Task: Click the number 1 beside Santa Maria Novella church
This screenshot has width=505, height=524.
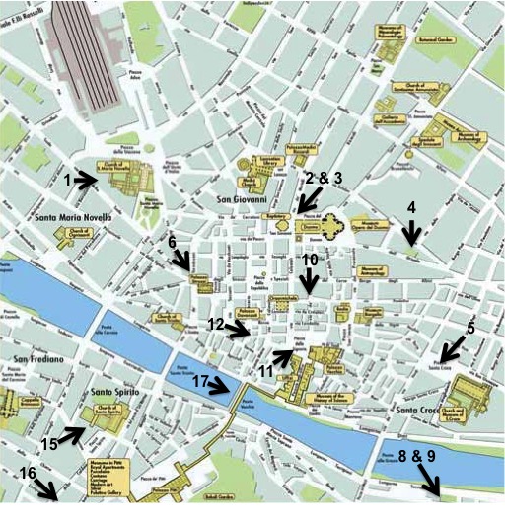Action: tap(68, 181)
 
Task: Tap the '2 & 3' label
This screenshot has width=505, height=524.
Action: tap(324, 178)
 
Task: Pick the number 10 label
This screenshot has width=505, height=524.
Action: tap(309, 260)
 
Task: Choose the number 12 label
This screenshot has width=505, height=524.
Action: tap(217, 324)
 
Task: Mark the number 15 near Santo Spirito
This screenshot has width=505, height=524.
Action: tap(49, 443)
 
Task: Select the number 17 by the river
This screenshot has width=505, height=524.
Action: tap(200, 381)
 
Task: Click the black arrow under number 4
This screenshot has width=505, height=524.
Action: tap(412, 234)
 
